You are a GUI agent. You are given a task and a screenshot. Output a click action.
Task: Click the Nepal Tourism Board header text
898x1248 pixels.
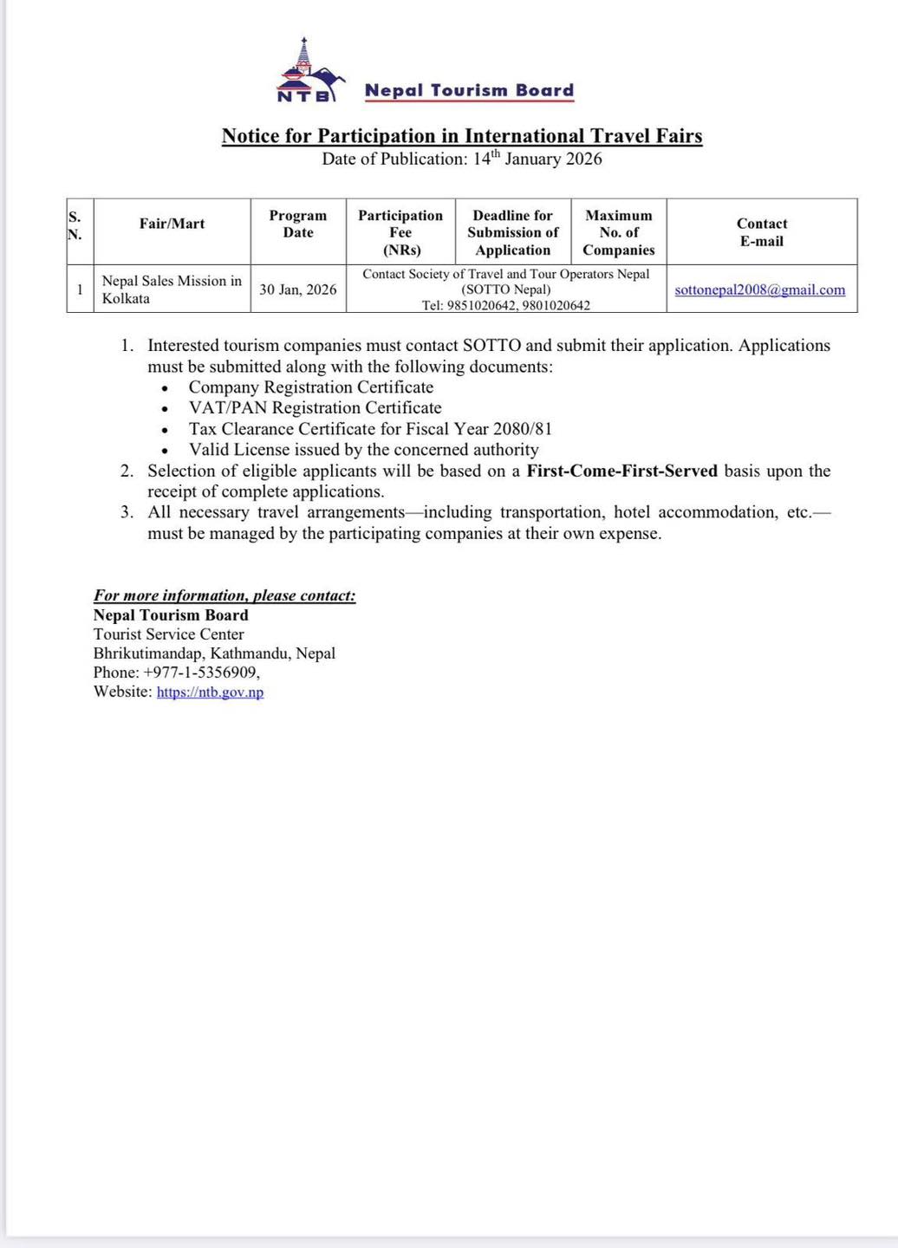coord(469,90)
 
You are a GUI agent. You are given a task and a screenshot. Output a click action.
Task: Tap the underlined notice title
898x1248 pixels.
coord(462,136)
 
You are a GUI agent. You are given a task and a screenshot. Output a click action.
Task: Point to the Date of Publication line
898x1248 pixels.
coord(462,159)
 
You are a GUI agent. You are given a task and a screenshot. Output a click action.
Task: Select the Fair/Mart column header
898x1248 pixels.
coord(172,224)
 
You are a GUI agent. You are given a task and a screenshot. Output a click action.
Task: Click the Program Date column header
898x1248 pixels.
coord(298,224)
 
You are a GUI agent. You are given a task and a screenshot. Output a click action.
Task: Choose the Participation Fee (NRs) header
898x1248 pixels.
coord(400,232)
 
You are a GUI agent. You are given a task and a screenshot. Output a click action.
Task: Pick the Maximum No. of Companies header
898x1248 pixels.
coord(619,232)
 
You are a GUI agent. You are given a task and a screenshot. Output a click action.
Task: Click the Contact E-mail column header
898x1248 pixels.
coord(762,232)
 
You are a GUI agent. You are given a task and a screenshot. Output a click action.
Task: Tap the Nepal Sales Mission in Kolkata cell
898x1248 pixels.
coord(171,289)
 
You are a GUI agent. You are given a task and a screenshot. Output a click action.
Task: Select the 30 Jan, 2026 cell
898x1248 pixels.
coord(298,289)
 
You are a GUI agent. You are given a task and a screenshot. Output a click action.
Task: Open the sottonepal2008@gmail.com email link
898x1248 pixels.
coord(760,290)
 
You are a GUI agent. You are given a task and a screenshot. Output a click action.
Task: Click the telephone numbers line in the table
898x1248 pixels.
coord(506,305)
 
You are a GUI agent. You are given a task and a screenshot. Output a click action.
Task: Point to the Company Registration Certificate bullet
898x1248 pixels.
coord(311,387)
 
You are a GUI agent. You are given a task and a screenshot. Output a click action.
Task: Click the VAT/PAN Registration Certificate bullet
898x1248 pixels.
coord(316,408)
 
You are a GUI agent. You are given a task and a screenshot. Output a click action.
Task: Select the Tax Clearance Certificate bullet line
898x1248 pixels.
coord(370,429)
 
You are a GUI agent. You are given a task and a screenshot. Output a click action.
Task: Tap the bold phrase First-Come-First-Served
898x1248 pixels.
coord(622,471)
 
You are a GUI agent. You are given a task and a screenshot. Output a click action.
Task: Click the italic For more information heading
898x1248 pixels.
coord(224,595)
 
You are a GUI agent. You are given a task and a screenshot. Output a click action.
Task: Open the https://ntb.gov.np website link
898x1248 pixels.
coord(210,692)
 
